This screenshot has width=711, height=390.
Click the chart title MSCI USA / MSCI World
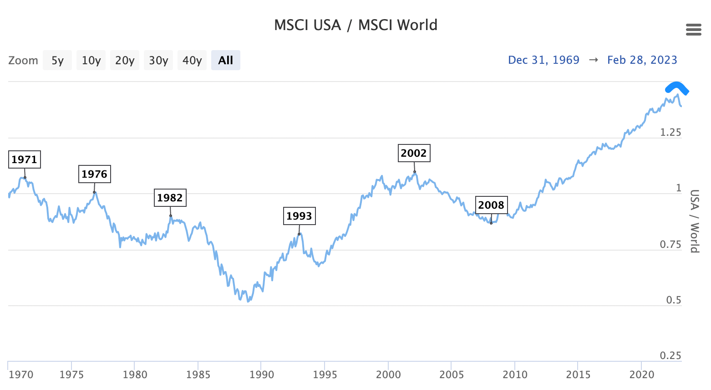(355, 25)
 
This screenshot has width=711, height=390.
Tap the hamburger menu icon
(693, 30)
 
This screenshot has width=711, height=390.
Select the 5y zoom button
(57, 60)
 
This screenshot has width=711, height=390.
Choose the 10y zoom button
(91, 60)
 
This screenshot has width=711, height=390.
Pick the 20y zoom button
(125, 60)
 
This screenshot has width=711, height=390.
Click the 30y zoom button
(158, 60)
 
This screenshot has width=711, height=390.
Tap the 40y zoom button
(192, 60)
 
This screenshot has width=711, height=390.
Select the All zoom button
(225, 60)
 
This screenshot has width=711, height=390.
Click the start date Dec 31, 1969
(543, 60)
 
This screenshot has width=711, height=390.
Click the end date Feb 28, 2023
(642, 60)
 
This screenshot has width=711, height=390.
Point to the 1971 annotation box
(25, 159)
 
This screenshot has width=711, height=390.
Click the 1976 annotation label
(94, 174)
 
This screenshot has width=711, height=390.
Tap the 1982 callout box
(170, 198)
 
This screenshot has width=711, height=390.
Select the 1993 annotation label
(299, 216)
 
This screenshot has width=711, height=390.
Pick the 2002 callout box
(414, 153)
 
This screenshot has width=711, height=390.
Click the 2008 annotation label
(491, 205)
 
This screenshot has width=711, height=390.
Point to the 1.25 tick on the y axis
(670, 133)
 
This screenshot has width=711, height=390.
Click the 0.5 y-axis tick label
(674, 300)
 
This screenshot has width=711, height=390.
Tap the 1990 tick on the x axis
(262, 375)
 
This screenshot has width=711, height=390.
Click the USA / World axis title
(694, 221)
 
